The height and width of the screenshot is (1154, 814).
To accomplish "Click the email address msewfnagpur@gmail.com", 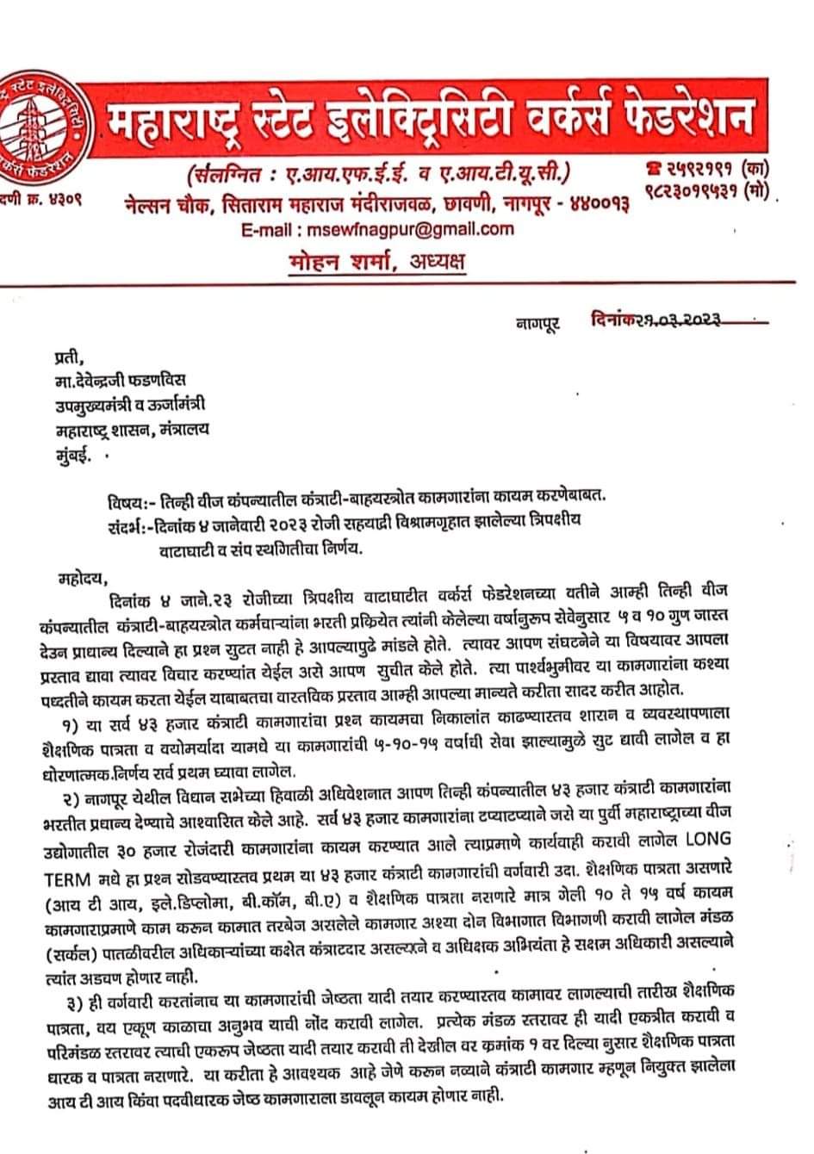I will (405, 229).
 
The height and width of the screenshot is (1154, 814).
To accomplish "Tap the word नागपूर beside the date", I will (537, 323).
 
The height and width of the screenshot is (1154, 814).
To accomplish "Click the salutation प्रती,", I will (71, 354).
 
